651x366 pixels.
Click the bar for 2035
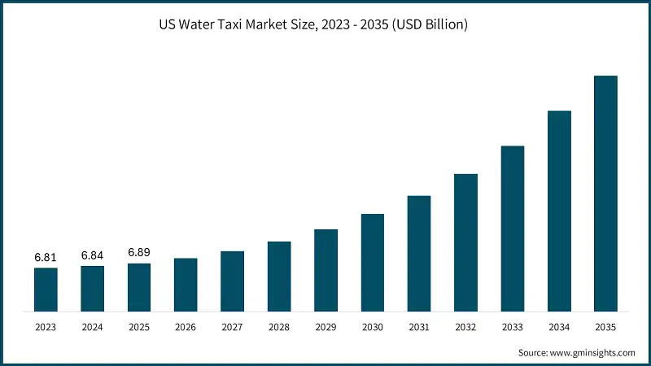point(605,194)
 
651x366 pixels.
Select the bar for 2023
point(46,290)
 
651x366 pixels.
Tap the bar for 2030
point(373,263)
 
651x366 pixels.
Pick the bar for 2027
point(232,281)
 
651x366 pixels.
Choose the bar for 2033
point(513,229)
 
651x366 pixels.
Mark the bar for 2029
point(325,270)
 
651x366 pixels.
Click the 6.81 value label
point(46,257)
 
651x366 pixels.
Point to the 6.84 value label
point(92,255)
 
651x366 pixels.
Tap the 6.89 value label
point(139,253)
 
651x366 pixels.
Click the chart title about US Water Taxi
point(325,25)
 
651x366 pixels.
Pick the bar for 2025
point(139,287)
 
